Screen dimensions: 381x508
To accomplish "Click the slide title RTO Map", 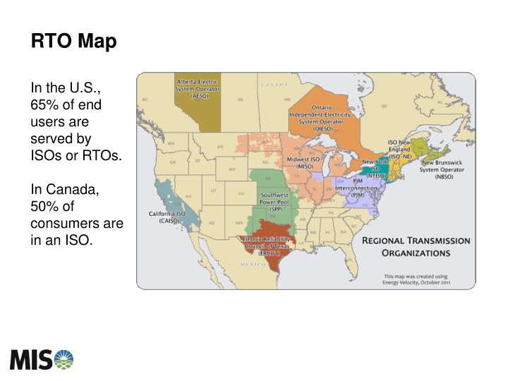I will (73, 42).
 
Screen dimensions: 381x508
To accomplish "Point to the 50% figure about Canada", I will (44, 207).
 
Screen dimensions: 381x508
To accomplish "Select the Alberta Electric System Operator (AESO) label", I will (198, 90).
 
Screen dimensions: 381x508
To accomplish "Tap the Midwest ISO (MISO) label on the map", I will (304, 163).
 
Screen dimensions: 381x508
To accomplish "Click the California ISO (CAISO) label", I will (167, 217).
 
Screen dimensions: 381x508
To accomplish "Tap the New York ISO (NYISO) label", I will (375, 169).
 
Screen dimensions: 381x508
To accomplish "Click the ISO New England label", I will (400, 149).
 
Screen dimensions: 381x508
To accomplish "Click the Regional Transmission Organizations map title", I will (416, 246).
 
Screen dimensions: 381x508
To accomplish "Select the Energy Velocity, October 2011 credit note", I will (417, 279).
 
